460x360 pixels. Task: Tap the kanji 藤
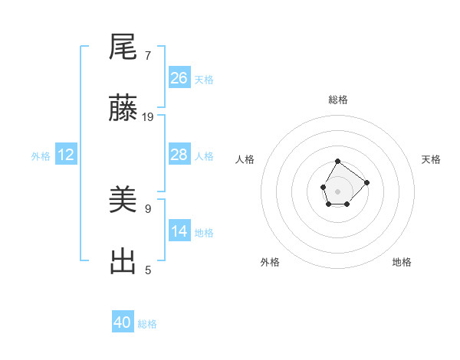coord(123,109)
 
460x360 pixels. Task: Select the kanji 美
coord(123,201)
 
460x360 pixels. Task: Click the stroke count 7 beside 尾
coord(148,56)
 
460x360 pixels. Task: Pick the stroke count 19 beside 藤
coord(148,117)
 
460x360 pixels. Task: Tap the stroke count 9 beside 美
coord(148,208)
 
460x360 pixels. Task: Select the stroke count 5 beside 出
coord(148,270)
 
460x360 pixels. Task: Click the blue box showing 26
coord(179,77)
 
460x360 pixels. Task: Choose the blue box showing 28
coord(179,155)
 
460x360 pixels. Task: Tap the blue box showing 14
coord(179,231)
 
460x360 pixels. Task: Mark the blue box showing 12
coord(66,155)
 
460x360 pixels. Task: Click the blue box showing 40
coord(123,322)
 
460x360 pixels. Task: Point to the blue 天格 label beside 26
coord(204,79)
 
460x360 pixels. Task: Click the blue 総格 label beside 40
coord(147,324)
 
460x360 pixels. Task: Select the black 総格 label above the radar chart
coord(338,100)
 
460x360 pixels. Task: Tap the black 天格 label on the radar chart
coord(431,159)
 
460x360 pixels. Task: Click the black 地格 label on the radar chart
coord(402,262)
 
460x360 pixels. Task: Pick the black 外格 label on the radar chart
coord(270,262)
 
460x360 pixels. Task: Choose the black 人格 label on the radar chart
coord(245,159)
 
